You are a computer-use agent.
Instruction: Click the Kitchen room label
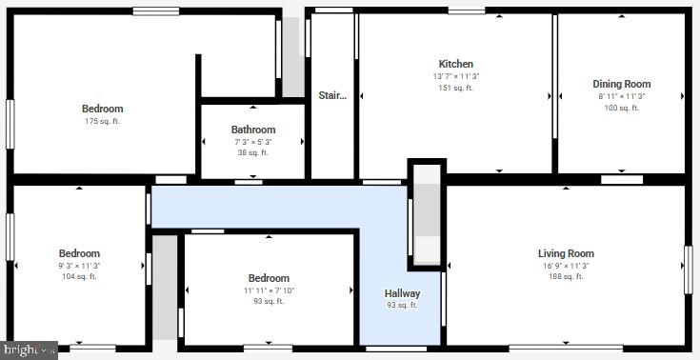455,64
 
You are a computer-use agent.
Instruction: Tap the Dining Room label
621,84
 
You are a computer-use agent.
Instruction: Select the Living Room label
566,253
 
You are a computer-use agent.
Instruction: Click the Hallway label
402,293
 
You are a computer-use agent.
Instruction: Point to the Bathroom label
252,130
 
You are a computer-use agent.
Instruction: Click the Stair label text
332,95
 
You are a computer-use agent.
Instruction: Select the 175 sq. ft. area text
102,121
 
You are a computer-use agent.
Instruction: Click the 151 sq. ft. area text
455,88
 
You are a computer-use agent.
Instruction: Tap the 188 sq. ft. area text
566,277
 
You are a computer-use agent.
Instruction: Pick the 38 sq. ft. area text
252,152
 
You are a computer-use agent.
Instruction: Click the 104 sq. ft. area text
79,277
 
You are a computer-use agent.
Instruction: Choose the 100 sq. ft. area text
621,108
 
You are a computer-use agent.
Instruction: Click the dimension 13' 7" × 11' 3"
455,76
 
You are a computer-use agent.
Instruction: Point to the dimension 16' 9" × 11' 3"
566,266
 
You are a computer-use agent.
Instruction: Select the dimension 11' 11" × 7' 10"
269,290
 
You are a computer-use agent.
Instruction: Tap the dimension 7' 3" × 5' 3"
252,142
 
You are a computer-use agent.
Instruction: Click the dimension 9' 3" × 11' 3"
79,266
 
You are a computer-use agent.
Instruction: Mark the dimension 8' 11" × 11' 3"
621,96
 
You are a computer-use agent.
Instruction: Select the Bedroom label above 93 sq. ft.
269,278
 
